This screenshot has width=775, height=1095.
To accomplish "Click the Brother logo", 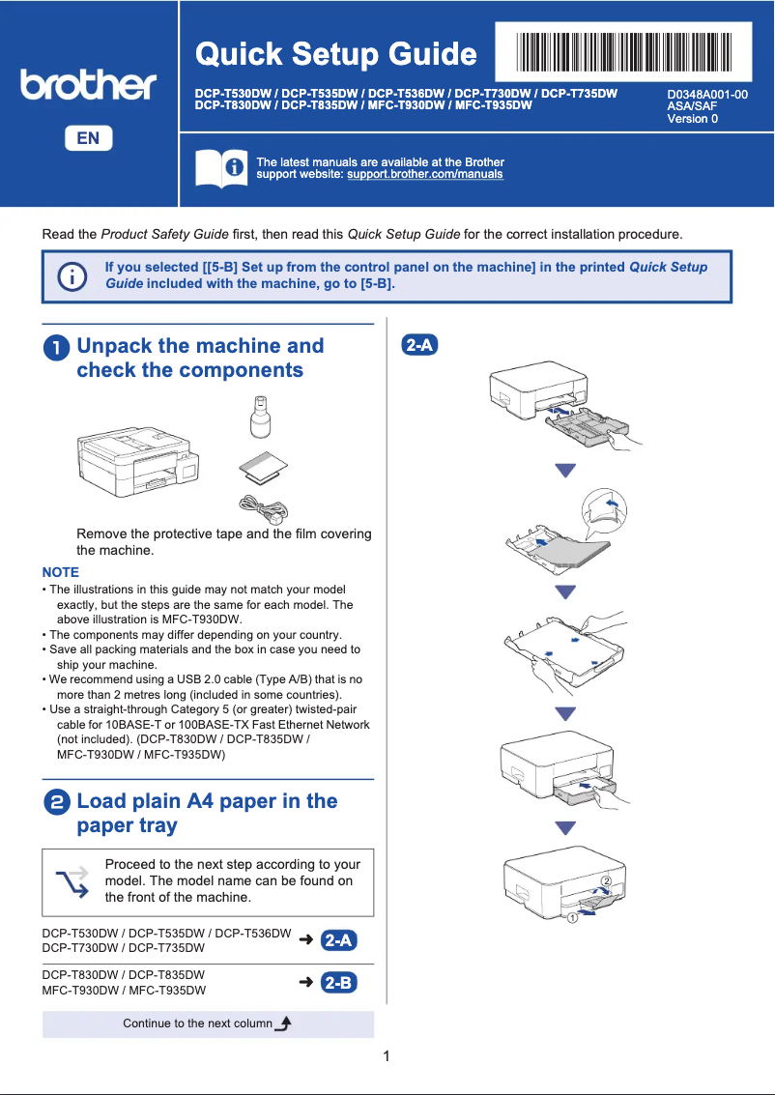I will tap(88, 85).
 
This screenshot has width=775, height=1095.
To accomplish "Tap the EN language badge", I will tap(88, 138).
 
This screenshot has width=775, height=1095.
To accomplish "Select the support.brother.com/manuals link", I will tap(425, 175).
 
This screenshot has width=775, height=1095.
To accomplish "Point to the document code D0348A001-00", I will tap(707, 94).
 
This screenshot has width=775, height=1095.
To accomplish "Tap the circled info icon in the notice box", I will tap(72, 276).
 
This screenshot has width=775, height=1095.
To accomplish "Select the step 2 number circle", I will tap(57, 802).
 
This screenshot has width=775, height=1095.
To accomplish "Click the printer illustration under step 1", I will tap(141, 459).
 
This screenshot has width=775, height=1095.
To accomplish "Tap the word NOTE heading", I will tap(61, 572).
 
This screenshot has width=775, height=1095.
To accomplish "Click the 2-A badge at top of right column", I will tap(419, 345).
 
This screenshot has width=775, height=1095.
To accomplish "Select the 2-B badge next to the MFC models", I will tap(339, 983).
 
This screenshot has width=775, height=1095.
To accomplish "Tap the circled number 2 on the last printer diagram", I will tap(606, 881).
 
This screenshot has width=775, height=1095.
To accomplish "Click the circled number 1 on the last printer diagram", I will tap(572, 917).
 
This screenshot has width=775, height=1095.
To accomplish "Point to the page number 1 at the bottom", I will tap(387, 1056).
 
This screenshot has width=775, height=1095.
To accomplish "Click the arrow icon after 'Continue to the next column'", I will tap(283, 1023).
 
